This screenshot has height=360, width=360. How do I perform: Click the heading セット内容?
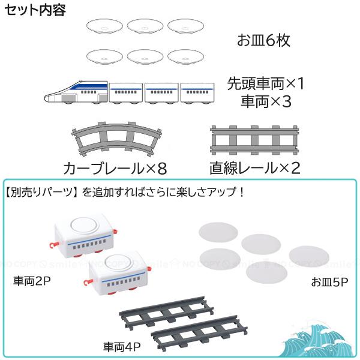(35, 10)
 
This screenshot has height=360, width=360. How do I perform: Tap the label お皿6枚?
(263, 41)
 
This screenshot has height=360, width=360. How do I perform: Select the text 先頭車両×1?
(266, 83)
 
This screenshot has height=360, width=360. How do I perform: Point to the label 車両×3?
(266, 101)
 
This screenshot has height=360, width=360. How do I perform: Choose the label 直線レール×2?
(254, 166)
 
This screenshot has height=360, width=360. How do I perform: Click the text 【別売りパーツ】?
(42, 193)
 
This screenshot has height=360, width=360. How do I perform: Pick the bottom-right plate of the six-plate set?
(185, 56)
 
